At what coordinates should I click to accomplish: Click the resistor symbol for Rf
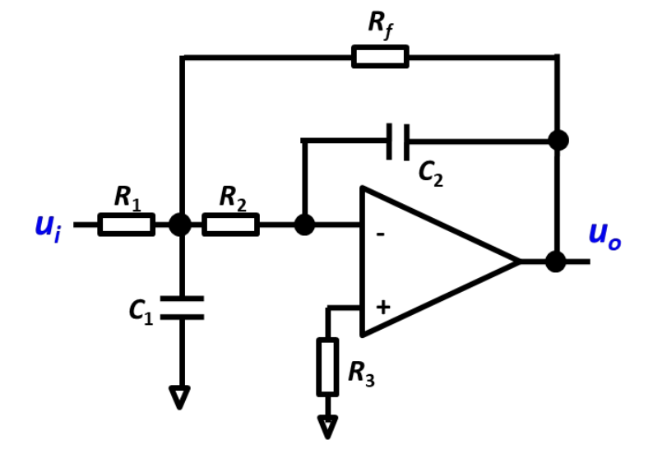380,57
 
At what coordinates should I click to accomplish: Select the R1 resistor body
126,225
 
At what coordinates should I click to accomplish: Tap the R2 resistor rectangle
230,225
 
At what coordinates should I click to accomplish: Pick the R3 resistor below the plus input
327,367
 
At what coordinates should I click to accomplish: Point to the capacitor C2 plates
398,141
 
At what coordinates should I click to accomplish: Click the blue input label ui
48,226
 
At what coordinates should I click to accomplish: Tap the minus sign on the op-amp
380,234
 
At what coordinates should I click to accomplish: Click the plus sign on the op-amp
382,308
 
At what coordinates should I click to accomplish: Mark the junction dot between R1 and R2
180,225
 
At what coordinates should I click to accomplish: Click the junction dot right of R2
304,225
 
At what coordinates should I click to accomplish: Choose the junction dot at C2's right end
558,141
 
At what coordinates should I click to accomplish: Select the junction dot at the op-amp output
556,262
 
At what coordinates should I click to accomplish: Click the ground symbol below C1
180,398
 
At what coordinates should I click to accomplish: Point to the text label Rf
380,25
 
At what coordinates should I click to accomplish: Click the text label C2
430,174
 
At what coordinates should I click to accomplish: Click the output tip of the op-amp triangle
518,262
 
